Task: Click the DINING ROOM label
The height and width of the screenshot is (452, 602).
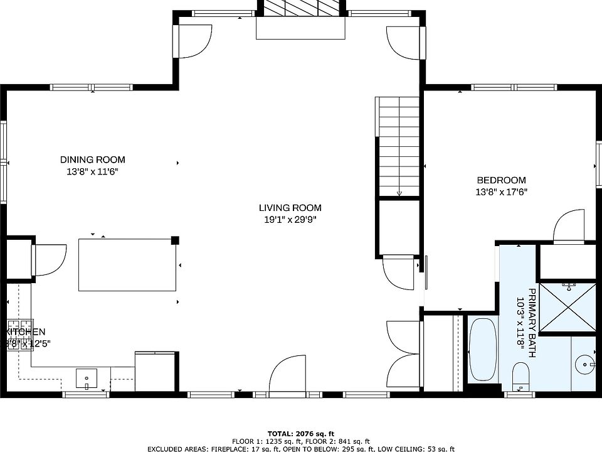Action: (x=92, y=159)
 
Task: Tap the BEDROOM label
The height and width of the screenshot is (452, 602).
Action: (x=500, y=181)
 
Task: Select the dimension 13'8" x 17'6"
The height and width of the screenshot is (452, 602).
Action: (x=500, y=193)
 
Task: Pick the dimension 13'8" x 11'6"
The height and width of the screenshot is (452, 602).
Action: (x=92, y=171)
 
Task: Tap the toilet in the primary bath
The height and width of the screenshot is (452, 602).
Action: (x=520, y=375)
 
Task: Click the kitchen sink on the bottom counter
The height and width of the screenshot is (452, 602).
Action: (x=87, y=379)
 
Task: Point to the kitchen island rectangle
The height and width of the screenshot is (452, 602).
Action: (x=127, y=264)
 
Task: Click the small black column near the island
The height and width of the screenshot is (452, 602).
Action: (x=176, y=240)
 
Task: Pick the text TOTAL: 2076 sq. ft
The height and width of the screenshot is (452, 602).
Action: (x=300, y=434)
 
